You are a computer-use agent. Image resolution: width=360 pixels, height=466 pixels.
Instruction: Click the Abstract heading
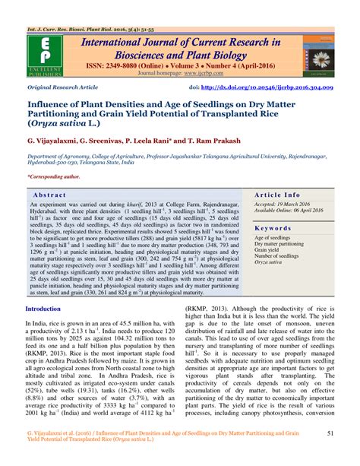coord(50,195)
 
